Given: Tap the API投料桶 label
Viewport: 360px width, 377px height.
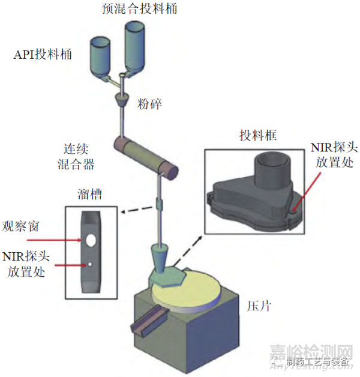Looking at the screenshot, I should [x=43, y=55].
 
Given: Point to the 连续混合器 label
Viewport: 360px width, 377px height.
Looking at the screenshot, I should [x=80, y=154].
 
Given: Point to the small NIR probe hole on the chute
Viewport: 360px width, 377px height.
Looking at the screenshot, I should [x=90, y=263].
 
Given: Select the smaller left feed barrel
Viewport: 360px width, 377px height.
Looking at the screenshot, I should [x=103, y=57].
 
